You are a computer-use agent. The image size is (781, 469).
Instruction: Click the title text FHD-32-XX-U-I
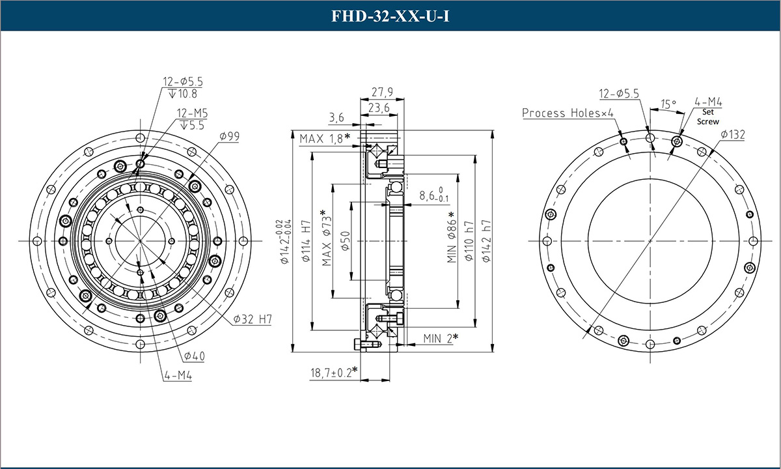[390, 16]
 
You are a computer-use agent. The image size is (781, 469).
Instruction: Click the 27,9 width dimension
[382, 92]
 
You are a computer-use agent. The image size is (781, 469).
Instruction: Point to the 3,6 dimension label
[336, 117]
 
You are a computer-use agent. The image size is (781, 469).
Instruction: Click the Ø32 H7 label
[252, 319]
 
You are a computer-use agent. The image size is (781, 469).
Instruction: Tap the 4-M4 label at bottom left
[177, 376]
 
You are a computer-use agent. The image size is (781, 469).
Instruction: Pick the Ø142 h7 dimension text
[486, 240]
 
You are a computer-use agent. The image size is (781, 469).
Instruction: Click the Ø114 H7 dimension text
[305, 240]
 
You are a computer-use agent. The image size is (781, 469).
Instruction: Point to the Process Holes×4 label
[568, 113]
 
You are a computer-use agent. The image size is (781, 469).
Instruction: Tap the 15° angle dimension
[668, 104]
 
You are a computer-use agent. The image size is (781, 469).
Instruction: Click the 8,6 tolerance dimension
[434, 195]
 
